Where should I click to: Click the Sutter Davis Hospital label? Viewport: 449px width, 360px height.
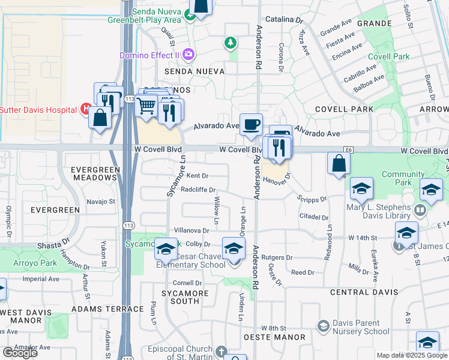38,110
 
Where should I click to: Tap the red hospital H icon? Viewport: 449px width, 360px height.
86,110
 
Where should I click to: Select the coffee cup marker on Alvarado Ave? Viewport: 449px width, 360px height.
251,125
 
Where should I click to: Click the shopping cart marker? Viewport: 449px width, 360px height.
147,107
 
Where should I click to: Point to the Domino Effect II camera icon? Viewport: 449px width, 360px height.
188,55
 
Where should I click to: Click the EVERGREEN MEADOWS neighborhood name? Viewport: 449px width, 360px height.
94,173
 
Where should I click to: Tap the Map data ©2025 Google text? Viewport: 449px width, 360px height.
411,355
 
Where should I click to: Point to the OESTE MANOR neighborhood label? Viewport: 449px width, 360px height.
276,338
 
